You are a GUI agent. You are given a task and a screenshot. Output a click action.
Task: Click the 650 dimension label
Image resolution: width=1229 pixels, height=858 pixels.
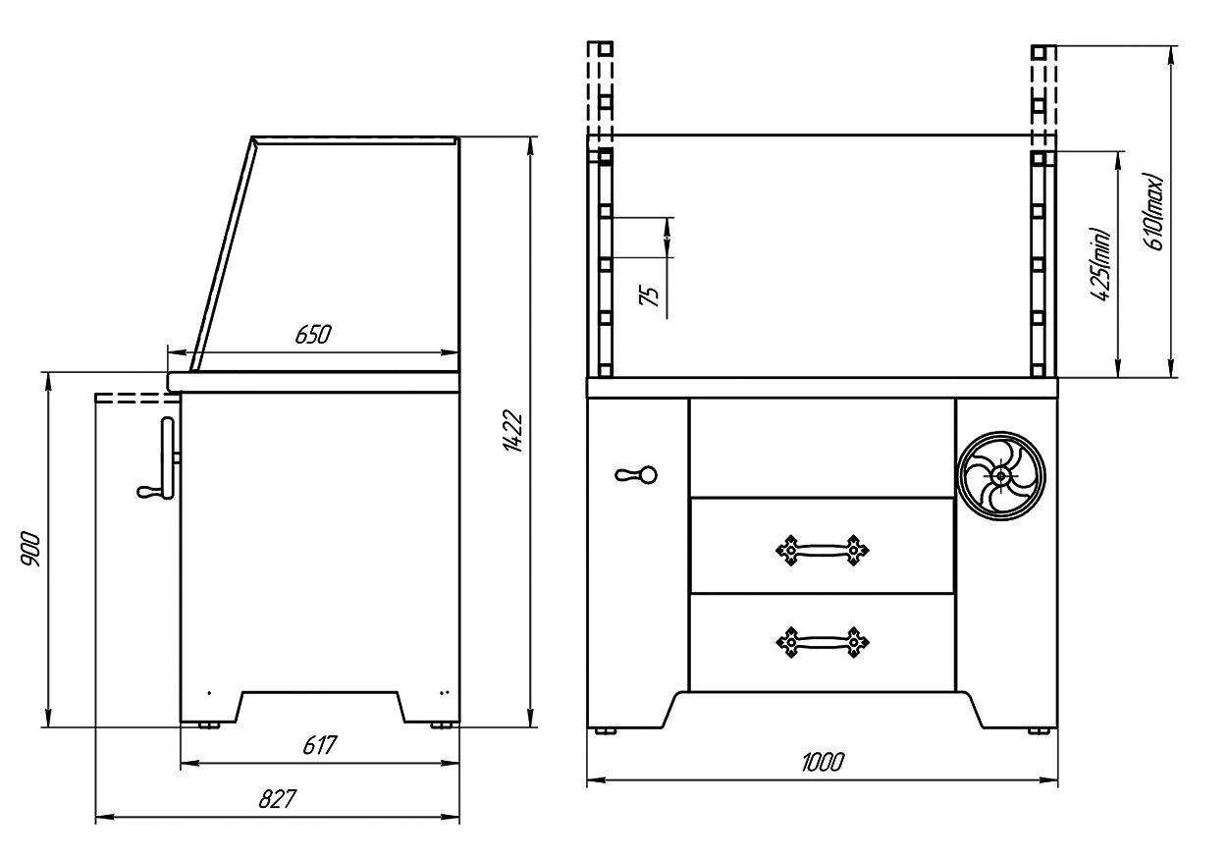313,335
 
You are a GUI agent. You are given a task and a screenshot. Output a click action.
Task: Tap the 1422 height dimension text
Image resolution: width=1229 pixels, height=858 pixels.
513,431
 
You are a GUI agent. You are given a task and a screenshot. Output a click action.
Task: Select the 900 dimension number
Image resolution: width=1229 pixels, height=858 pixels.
30,549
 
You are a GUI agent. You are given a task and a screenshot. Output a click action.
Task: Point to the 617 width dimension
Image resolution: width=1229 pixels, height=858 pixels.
320,745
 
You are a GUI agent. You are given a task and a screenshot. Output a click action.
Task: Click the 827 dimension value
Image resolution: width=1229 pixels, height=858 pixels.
278,799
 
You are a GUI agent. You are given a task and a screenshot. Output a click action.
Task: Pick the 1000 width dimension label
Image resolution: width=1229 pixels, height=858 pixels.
823,763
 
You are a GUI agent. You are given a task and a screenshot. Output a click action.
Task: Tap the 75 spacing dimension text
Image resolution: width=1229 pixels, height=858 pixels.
650,296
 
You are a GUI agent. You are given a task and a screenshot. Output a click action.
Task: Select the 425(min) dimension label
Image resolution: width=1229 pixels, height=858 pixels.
1100,264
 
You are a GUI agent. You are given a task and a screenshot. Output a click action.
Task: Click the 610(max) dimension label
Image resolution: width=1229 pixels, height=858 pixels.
1153,212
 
